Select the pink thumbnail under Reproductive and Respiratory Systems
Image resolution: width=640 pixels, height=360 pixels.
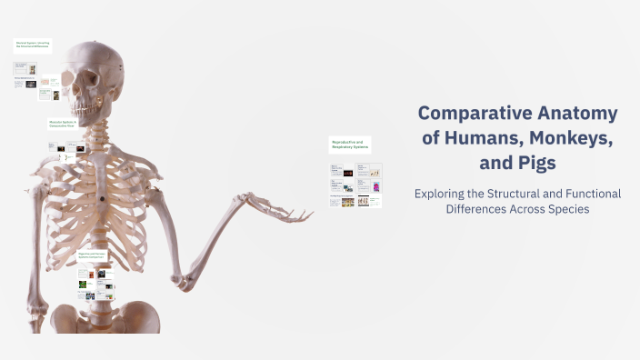pos(375,187)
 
